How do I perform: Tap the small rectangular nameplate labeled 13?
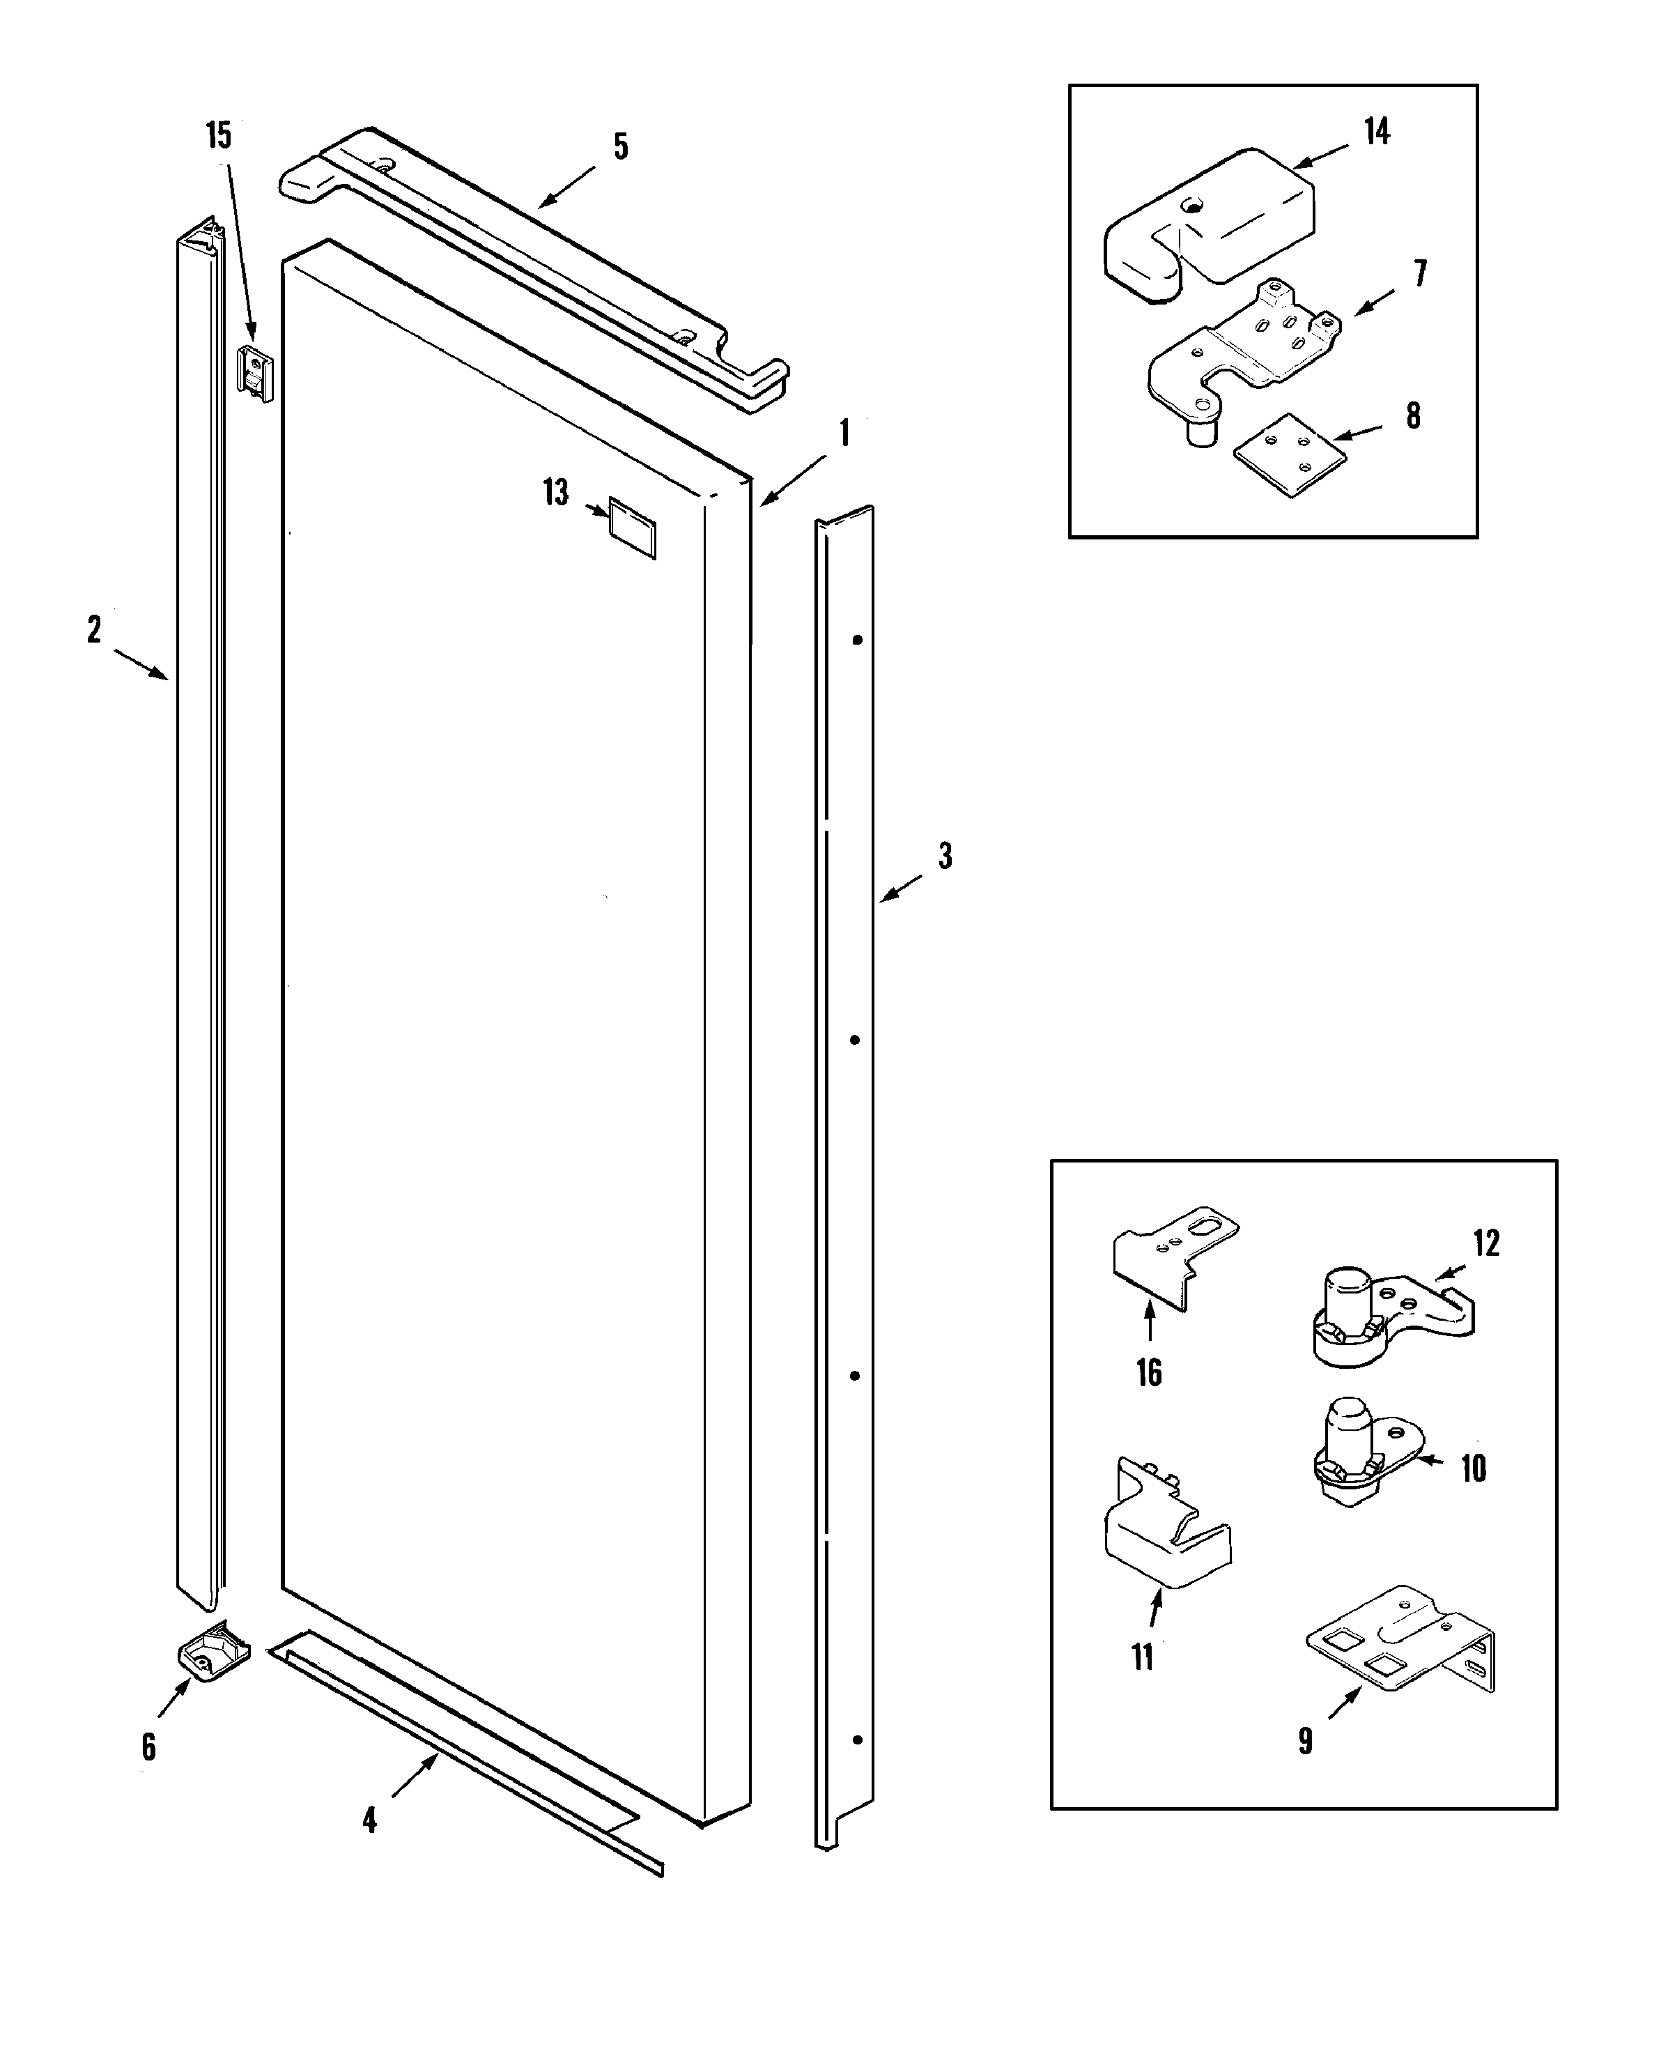click(632, 527)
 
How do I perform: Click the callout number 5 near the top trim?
click(621, 147)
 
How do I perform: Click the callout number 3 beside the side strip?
click(945, 855)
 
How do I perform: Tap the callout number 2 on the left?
click(94, 631)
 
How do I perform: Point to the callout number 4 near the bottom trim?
click(370, 1819)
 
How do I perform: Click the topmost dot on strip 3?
click(858, 639)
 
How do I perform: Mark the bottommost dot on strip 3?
click(856, 1740)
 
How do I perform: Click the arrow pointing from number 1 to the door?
click(793, 479)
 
